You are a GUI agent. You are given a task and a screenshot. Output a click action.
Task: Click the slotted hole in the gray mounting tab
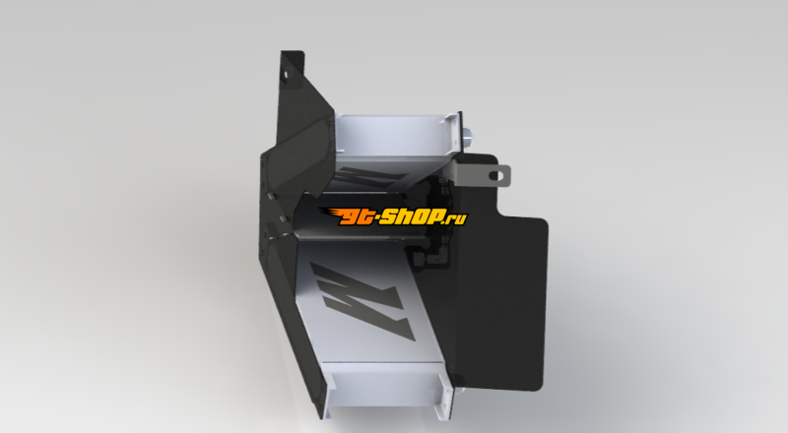pos(496,175)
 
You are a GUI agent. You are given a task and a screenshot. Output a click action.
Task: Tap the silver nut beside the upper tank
pos(467,136)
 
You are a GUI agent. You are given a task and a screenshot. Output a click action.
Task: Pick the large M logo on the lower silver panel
pos(362,300)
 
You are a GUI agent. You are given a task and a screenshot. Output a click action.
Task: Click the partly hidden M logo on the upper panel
pos(370,178)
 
